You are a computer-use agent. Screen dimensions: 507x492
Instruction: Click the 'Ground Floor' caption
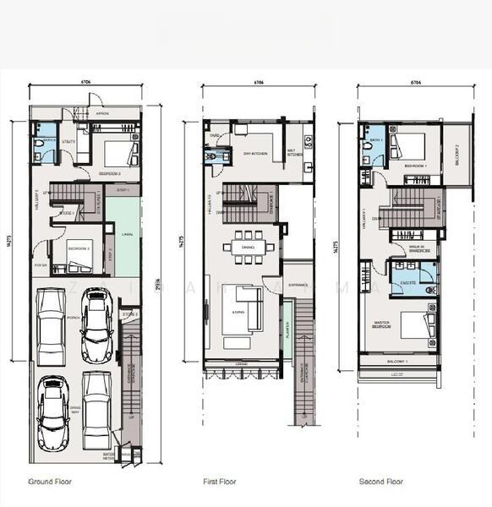click(50, 482)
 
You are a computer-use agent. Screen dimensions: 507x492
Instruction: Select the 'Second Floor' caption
click(380, 482)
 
